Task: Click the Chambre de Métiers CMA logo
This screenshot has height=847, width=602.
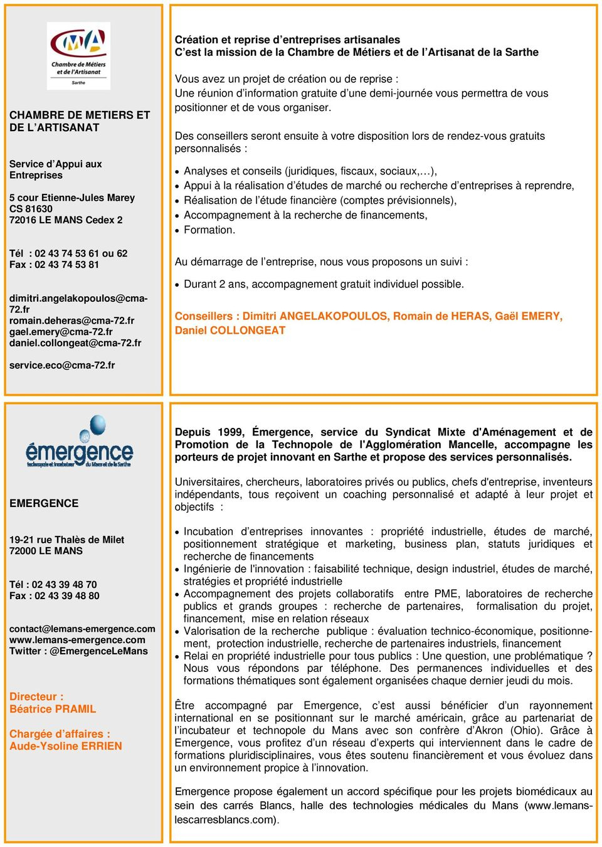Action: pyautogui.click(x=79, y=55)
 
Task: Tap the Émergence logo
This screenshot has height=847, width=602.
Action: pyautogui.click(x=79, y=443)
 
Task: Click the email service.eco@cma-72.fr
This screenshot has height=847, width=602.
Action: pyautogui.click(x=62, y=365)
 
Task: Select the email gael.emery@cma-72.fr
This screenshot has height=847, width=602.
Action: pyautogui.click(x=61, y=332)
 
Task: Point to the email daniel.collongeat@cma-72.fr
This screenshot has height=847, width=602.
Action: pyautogui.click(x=75, y=343)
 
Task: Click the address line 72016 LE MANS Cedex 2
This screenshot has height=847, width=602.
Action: pyautogui.click(x=66, y=220)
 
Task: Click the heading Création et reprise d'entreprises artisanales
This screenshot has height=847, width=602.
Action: pyautogui.click(x=287, y=40)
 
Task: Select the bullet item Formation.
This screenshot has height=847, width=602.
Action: pyautogui.click(x=209, y=230)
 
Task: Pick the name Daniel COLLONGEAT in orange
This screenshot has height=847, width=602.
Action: pyautogui.click(x=230, y=331)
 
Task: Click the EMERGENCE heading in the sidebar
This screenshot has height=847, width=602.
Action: pyautogui.click(x=44, y=503)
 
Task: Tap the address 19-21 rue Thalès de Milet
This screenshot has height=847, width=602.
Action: pyautogui.click(x=66, y=540)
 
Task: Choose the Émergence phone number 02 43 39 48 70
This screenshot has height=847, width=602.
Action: pyautogui.click(x=65, y=585)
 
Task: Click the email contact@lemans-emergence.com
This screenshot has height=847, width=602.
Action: pyautogui.click(x=82, y=629)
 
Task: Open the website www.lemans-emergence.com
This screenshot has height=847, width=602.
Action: pyautogui.click(x=77, y=640)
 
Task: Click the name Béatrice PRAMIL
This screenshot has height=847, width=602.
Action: pyautogui.click(x=53, y=709)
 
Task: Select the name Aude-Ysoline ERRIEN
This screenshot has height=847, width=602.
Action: pyautogui.click(x=66, y=746)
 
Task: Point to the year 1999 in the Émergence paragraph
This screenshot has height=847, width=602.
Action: pyautogui.click(x=231, y=432)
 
